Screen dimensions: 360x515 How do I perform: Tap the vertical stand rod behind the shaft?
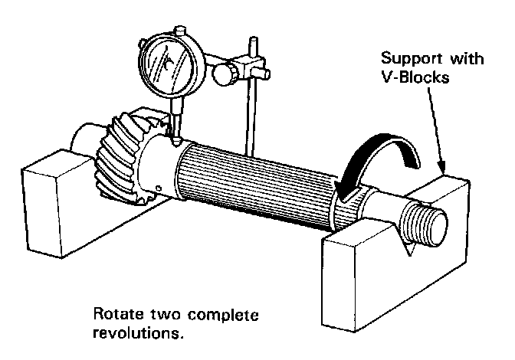coord(250,115)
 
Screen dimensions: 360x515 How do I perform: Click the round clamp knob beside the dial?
coord(225,74)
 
